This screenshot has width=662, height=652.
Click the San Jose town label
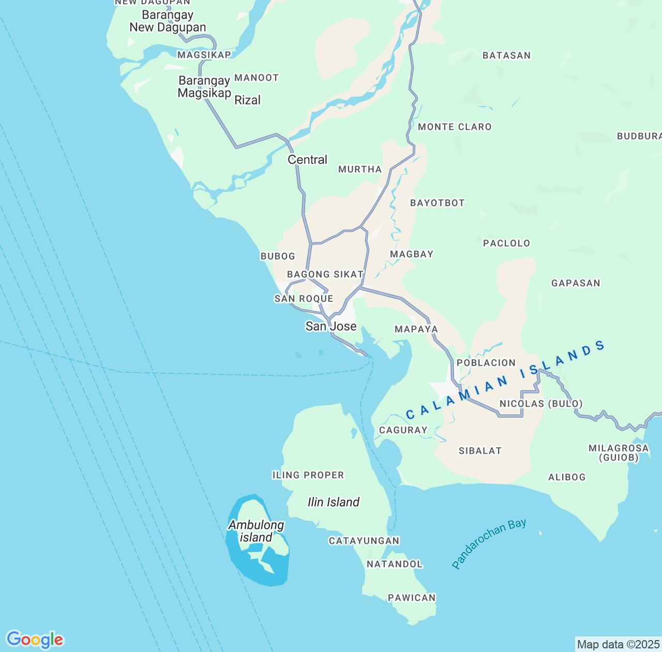tap(330, 326)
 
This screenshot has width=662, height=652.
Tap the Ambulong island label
tap(256, 531)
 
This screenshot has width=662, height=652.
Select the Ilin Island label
tap(333, 502)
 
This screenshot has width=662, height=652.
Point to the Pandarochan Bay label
tap(488, 543)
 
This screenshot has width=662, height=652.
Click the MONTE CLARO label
tap(454, 127)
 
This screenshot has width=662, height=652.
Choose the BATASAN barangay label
tap(506, 55)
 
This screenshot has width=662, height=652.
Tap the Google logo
tap(35, 640)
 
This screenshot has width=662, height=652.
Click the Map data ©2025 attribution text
tap(618, 644)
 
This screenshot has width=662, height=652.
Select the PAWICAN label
tap(412, 598)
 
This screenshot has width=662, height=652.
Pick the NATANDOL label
tap(394, 564)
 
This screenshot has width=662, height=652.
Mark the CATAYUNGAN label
tap(364, 541)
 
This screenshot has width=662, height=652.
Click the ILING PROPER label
tap(308, 475)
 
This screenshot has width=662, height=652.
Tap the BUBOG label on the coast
tap(278, 256)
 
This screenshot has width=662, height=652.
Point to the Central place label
tap(307, 159)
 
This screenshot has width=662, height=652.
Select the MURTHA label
tap(359, 169)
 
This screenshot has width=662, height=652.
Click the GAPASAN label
tap(575, 283)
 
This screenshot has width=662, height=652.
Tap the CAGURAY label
tap(403, 430)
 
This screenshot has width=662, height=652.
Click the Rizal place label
tap(247, 100)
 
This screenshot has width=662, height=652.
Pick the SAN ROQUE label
tap(304, 299)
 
